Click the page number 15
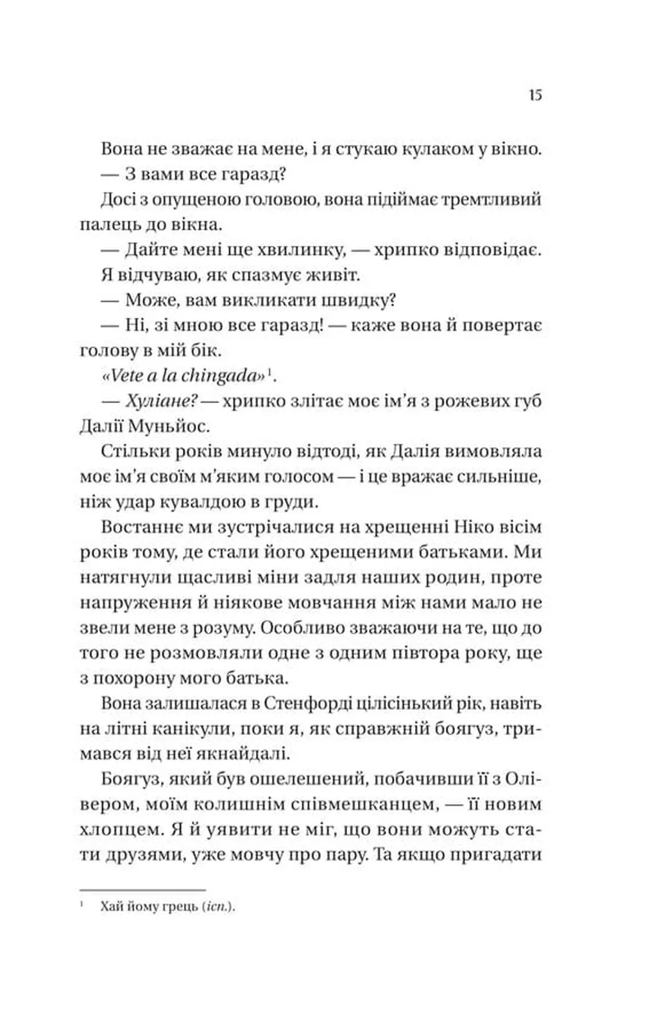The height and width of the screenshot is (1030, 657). click(536, 95)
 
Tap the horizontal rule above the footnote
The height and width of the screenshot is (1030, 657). click(142, 890)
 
